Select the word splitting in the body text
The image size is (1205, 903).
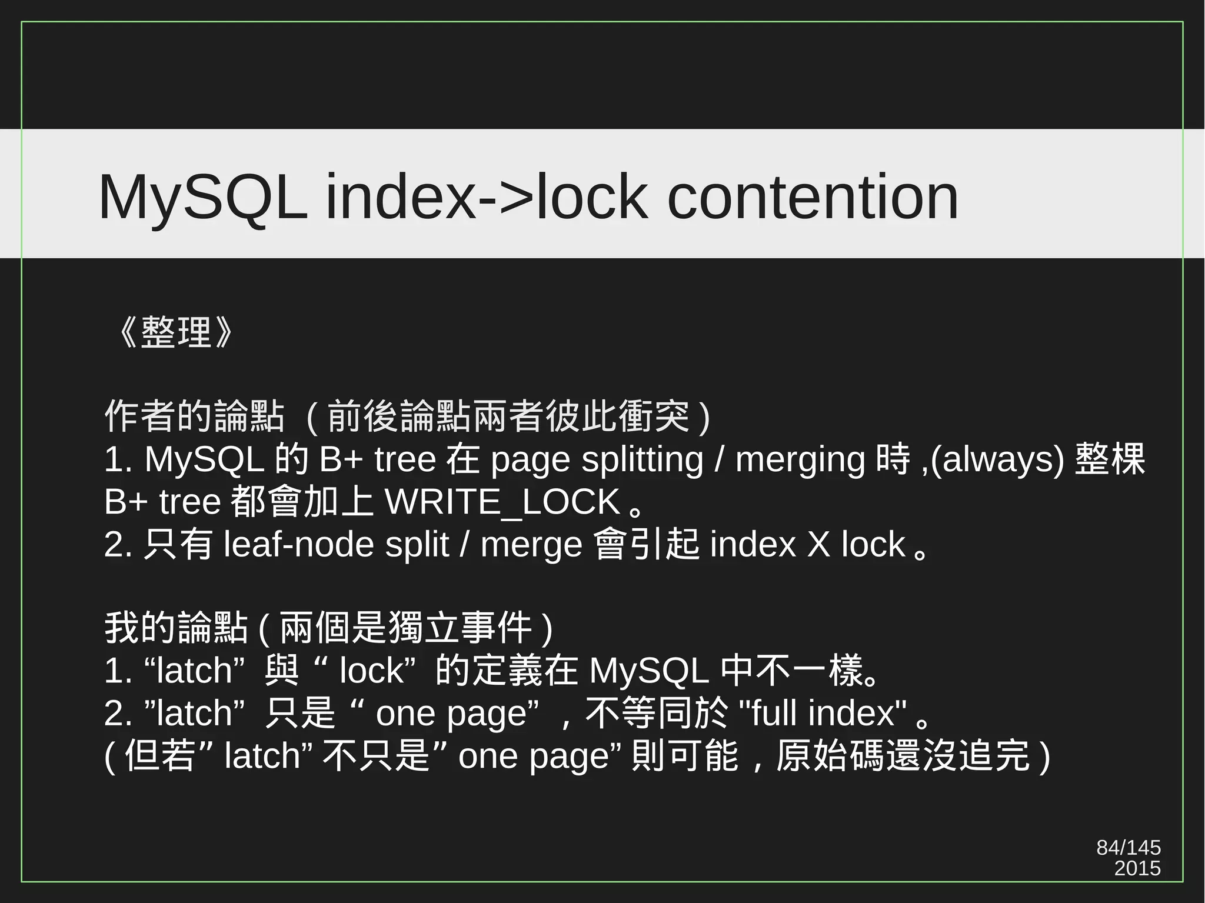(x=643, y=459)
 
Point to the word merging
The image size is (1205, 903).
(x=800, y=459)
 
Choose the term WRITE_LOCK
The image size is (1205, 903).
(x=502, y=502)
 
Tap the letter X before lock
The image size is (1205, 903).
(x=818, y=544)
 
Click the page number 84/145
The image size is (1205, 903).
(x=1129, y=848)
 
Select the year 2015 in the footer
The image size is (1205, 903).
(x=1137, y=868)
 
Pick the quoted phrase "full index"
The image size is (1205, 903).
(x=822, y=713)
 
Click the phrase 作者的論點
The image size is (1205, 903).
(x=194, y=416)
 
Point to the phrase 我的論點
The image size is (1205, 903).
(x=175, y=628)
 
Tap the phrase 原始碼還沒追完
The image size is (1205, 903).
(x=903, y=756)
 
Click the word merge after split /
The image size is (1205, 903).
(x=531, y=544)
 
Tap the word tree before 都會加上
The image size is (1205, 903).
(x=189, y=502)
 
